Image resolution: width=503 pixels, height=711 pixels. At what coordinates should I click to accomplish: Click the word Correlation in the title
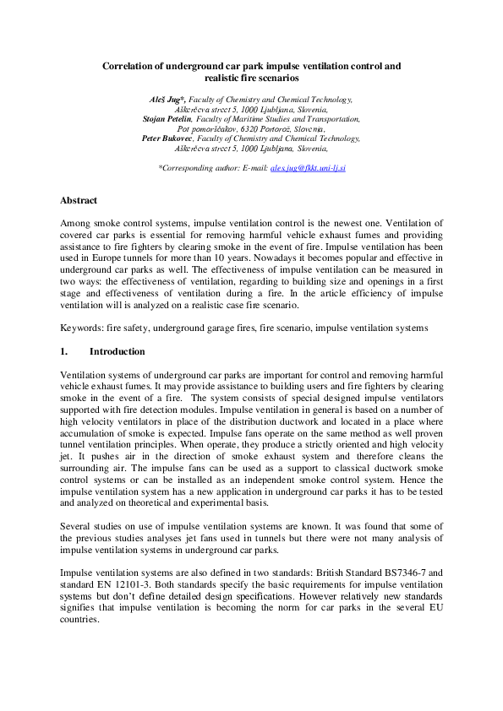click(128, 65)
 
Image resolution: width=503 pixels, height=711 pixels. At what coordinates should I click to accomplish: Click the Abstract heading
click(79, 201)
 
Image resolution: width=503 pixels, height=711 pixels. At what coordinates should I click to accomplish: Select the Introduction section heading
click(117, 351)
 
